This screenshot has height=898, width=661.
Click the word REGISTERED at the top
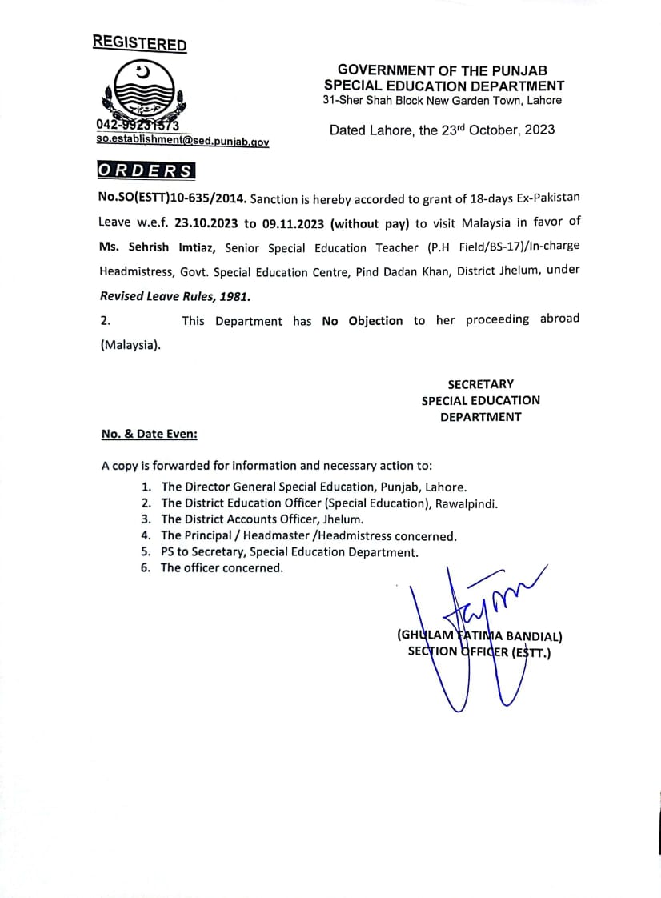click(x=139, y=43)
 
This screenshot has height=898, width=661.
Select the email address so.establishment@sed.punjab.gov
click(x=182, y=142)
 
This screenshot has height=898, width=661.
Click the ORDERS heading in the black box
click(x=145, y=170)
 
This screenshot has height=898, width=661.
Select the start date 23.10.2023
click(x=207, y=222)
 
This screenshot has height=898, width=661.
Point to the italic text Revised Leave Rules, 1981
click(x=174, y=296)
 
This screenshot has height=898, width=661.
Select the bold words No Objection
click(x=362, y=321)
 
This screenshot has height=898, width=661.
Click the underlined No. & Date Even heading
click(x=149, y=434)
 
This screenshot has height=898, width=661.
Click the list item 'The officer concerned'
click(x=222, y=568)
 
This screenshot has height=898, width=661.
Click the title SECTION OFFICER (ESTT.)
click(x=479, y=652)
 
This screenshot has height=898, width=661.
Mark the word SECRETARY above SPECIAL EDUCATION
click(x=480, y=384)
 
